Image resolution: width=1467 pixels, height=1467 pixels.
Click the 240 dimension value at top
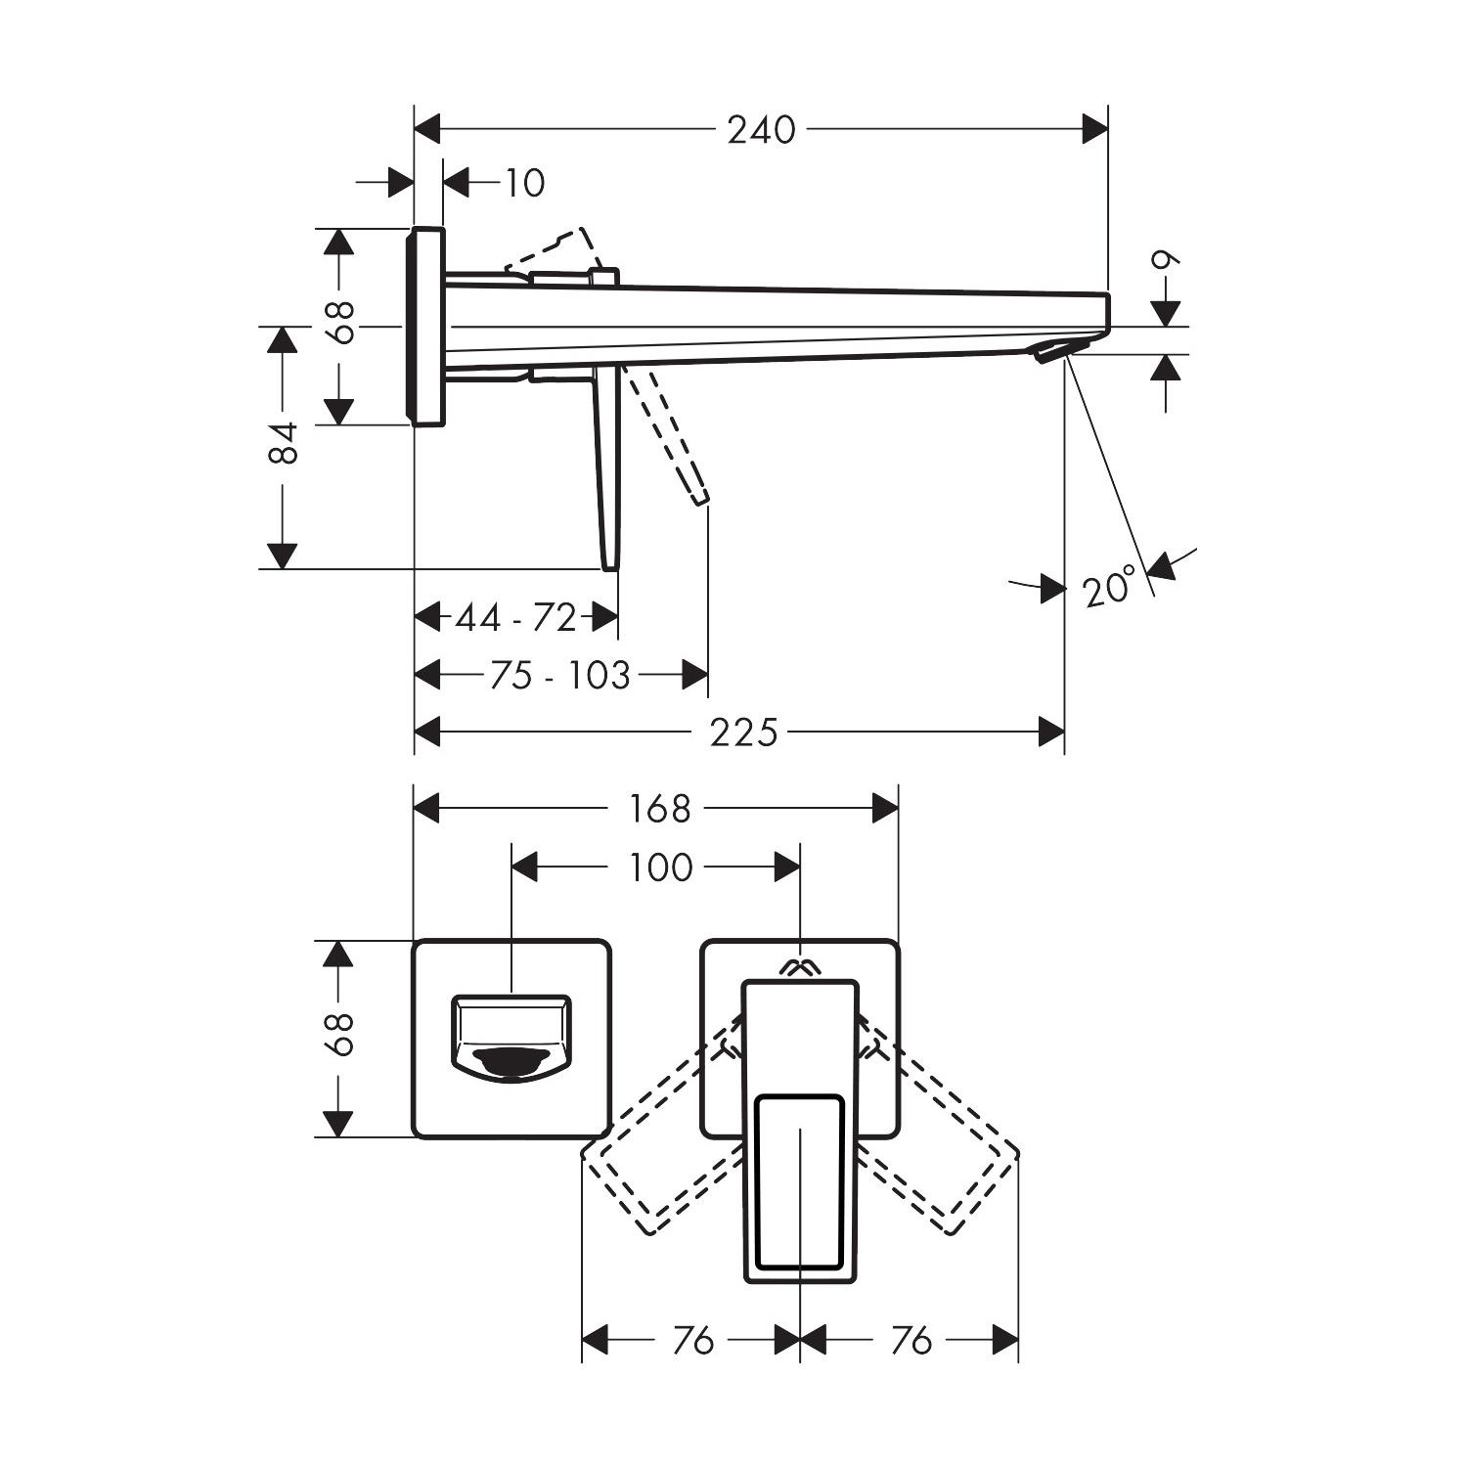[x=761, y=129]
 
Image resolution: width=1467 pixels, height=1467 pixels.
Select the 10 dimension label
[x=524, y=183]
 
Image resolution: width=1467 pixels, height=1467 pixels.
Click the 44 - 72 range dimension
[x=515, y=618]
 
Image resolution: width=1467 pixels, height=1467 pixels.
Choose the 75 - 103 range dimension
[x=559, y=675]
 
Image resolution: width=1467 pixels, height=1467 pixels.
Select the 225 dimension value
[x=743, y=732]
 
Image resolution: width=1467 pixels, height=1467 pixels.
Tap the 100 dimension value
[x=659, y=867]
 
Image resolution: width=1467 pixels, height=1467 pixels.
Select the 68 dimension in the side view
[x=339, y=322]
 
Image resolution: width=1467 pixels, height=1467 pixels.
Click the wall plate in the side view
[x=427, y=327]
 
